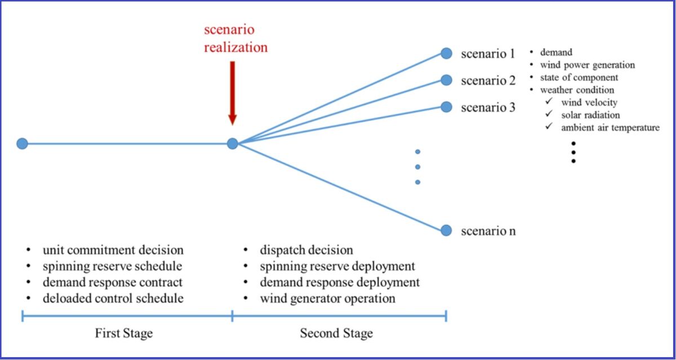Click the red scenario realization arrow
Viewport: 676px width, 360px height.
point(232,94)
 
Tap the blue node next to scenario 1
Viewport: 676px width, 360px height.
point(446,54)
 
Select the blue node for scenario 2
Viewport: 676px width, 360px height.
point(446,80)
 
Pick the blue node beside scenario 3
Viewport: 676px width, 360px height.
point(446,107)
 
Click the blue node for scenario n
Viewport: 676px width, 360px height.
point(446,230)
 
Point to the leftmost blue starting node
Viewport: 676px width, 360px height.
point(23,144)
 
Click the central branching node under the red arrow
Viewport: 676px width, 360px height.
point(232,144)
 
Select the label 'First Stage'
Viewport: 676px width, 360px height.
point(124,333)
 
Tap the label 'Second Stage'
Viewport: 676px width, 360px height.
point(336,333)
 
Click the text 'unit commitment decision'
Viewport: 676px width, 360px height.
point(113,250)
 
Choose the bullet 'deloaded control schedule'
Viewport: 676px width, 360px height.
point(113,299)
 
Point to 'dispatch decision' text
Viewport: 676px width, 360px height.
point(306,250)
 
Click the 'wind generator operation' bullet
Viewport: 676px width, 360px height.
point(328,299)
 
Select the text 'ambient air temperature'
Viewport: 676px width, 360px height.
point(610,128)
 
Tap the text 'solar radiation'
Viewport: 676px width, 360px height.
point(590,115)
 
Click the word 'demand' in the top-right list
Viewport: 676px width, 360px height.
point(556,52)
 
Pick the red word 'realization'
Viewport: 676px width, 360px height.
point(235,47)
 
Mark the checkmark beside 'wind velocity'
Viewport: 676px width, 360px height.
point(549,101)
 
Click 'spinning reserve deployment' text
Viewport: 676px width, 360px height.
point(337,266)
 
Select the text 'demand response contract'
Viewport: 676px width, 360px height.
point(113,282)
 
